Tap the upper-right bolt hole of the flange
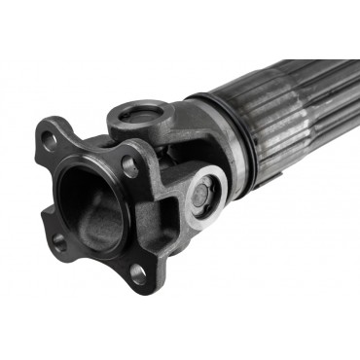pos(128,166)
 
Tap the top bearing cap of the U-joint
pos(142,118)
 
